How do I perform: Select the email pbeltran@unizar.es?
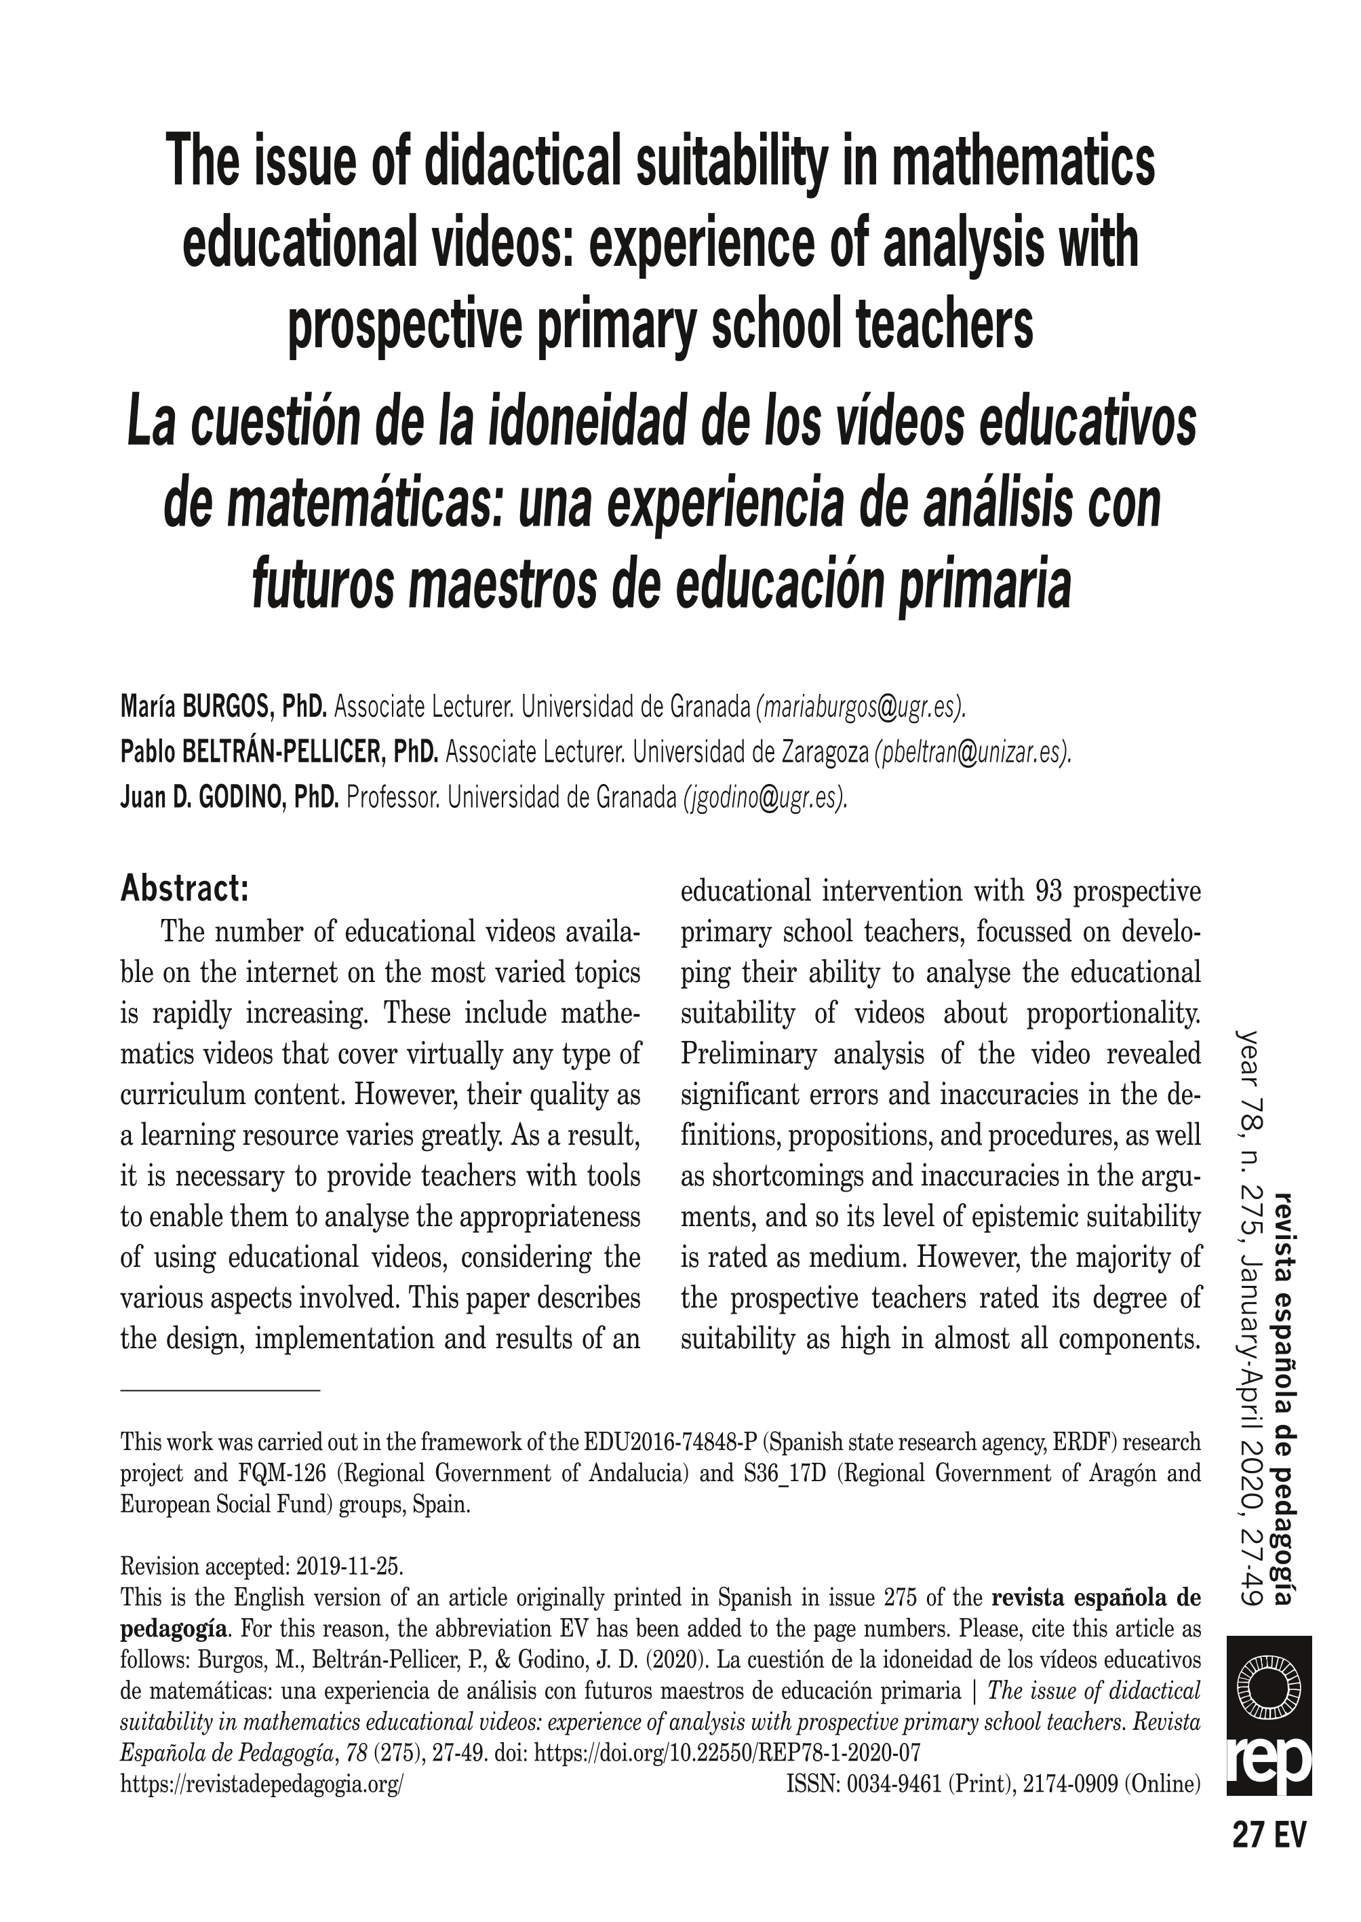[973, 753]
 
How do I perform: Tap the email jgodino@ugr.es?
[765, 798]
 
